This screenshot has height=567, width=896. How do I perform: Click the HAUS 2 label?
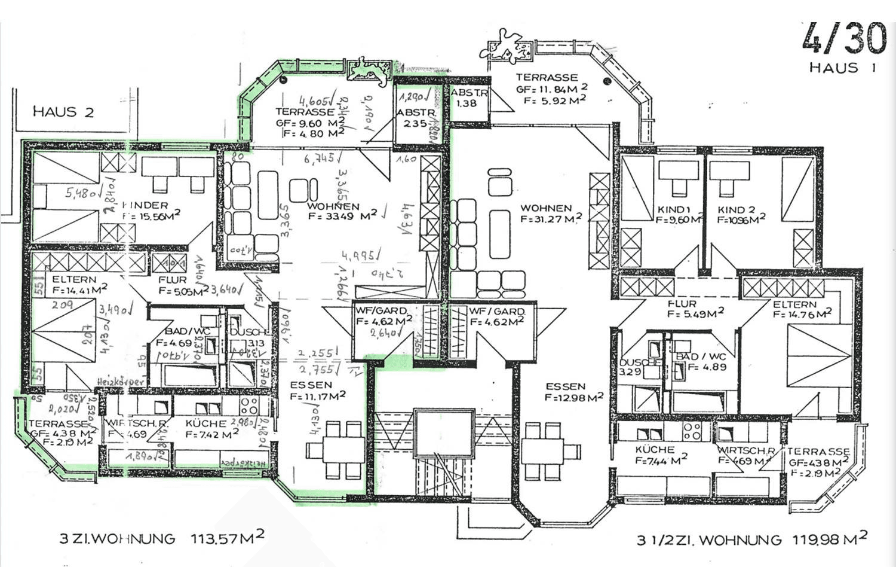coord(63,112)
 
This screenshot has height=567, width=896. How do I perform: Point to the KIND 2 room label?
coord(741,215)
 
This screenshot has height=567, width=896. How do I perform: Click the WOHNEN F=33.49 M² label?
coord(342,211)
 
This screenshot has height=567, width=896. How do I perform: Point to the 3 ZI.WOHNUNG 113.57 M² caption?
coord(161,538)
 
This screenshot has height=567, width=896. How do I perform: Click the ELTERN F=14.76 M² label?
coord(800,309)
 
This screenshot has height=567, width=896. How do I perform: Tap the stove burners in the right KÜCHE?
coord(692,431)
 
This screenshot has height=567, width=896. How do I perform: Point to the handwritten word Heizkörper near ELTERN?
coord(122,381)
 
